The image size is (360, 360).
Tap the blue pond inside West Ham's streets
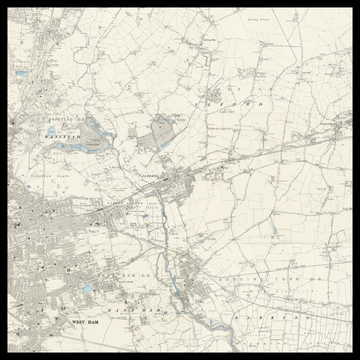(88, 289)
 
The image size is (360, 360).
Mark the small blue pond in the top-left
(21, 74)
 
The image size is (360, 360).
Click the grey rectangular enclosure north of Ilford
(160, 130)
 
